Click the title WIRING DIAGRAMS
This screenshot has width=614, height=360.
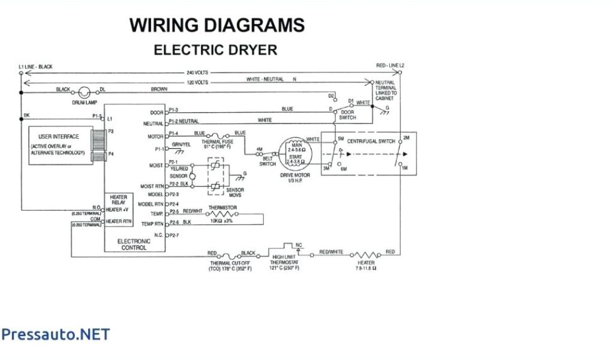pyautogui.click(x=217, y=25)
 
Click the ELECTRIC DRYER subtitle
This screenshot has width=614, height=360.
pyautogui.click(x=216, y=50)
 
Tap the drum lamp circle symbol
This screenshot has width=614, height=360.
pyautogui.click(x=85, y=92)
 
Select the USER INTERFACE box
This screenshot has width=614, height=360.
pyautogui.click(x=59, y=145)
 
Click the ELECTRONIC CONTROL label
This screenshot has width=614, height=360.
pyautogui.click(x=134, y=244)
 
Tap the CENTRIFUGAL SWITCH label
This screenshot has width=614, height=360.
pyautogui.click(x=372, y=141)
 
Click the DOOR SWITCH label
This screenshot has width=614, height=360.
pyautogui.click(x=348, y=115)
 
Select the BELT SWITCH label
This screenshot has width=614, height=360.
pyautogui.click(x=267, y=160)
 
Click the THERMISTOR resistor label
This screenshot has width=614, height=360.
pyautogui.click(x=222, y=208)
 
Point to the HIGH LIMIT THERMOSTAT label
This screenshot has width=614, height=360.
pyautogui.click(x=284, y=262)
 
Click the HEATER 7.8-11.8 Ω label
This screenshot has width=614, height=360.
pyautogui.click(x=365, y=265)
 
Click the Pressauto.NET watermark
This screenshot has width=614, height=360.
pyautogui.click(x=55, y=334)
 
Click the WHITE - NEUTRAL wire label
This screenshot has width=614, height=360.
pyautogui.click(x=265, y=80)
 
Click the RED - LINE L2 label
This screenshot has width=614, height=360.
pyautogui.click(x=390, y=65)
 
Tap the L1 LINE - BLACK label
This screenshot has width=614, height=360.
pyautogui.click(x=36, y=67)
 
